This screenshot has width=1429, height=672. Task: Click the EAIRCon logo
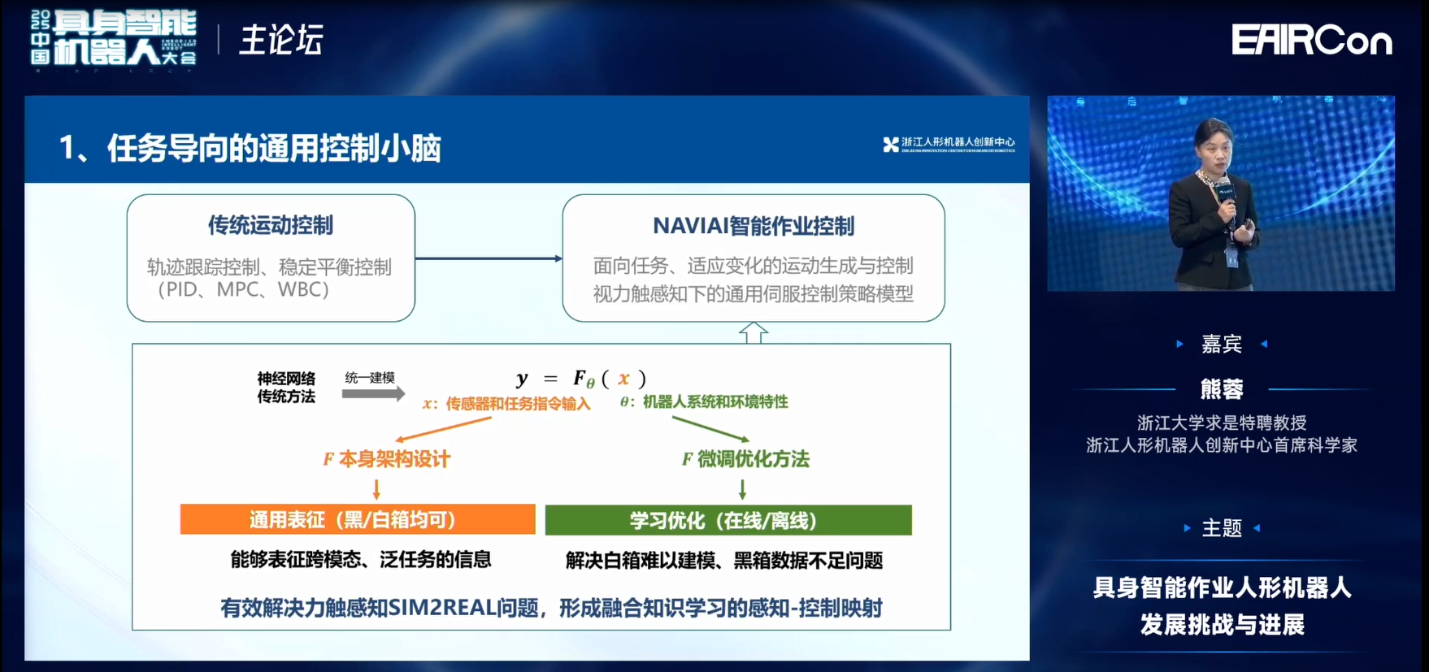tap(1311, 40)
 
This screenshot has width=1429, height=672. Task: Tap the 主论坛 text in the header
tap(281, 40)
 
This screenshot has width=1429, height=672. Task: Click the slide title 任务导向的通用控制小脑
tap(273, 148)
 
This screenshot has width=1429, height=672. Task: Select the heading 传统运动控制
tap(270, 225)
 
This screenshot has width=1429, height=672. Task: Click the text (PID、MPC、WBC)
tap(242, 289)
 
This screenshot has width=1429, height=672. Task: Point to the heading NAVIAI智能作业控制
tap(753, 226)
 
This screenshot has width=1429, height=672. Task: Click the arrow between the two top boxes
tap(488, 258)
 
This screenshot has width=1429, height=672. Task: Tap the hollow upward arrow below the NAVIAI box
tap(753, 332)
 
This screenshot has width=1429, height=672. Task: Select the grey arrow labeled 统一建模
tap(373, 394)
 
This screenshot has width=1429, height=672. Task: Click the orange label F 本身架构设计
tap(387, 459)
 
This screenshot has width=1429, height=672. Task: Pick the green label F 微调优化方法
tap(745, 459)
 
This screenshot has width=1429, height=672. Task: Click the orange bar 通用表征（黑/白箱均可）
tap(358, 520)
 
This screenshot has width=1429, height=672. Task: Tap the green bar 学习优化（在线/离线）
tap(728, 520)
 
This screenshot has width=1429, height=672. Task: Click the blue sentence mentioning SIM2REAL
tap(551, 608)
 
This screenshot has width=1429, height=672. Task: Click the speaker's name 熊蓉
tap(1221, 389)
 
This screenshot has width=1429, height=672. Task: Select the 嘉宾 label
tap(1221, 344)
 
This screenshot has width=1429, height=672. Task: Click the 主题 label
tap(1221, 528)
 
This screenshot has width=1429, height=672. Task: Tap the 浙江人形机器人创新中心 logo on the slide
tap(949, 145)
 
